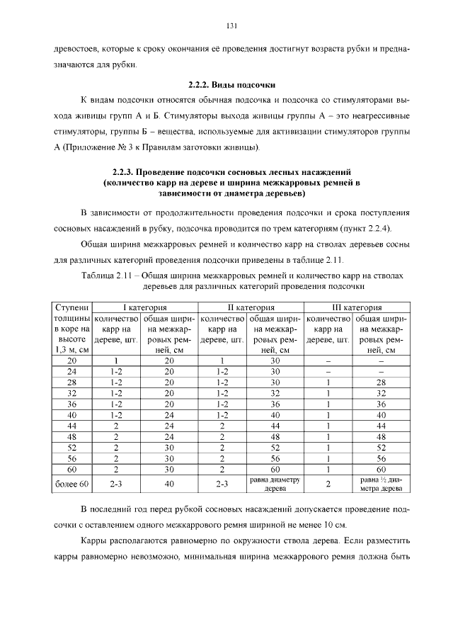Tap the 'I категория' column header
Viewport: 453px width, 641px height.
point(145,308)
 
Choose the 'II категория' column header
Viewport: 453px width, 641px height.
point(251,308)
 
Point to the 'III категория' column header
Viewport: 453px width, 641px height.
point(357,308)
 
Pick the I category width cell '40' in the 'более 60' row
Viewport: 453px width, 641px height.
point(169,484)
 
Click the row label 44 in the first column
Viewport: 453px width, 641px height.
point(71,425)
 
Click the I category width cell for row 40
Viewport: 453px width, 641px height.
point(169,414)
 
